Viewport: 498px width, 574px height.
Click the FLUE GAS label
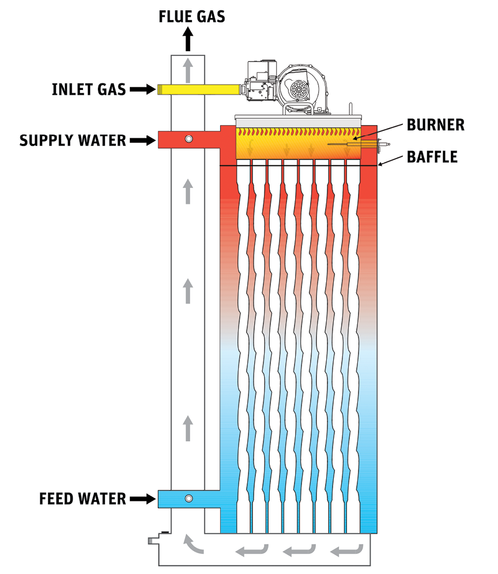[192, 16]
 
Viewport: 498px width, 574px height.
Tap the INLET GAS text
[89, 89]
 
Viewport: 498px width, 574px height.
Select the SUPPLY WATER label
[73, 140]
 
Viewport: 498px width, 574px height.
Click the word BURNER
[435, 125]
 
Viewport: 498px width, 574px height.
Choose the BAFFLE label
[432, 156]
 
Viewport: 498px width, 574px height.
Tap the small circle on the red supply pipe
[188, 139]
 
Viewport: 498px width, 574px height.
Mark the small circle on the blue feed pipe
[188, 498]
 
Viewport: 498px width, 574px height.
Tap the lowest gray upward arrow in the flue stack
[188, 429]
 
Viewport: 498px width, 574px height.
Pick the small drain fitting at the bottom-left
[153, 541]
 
